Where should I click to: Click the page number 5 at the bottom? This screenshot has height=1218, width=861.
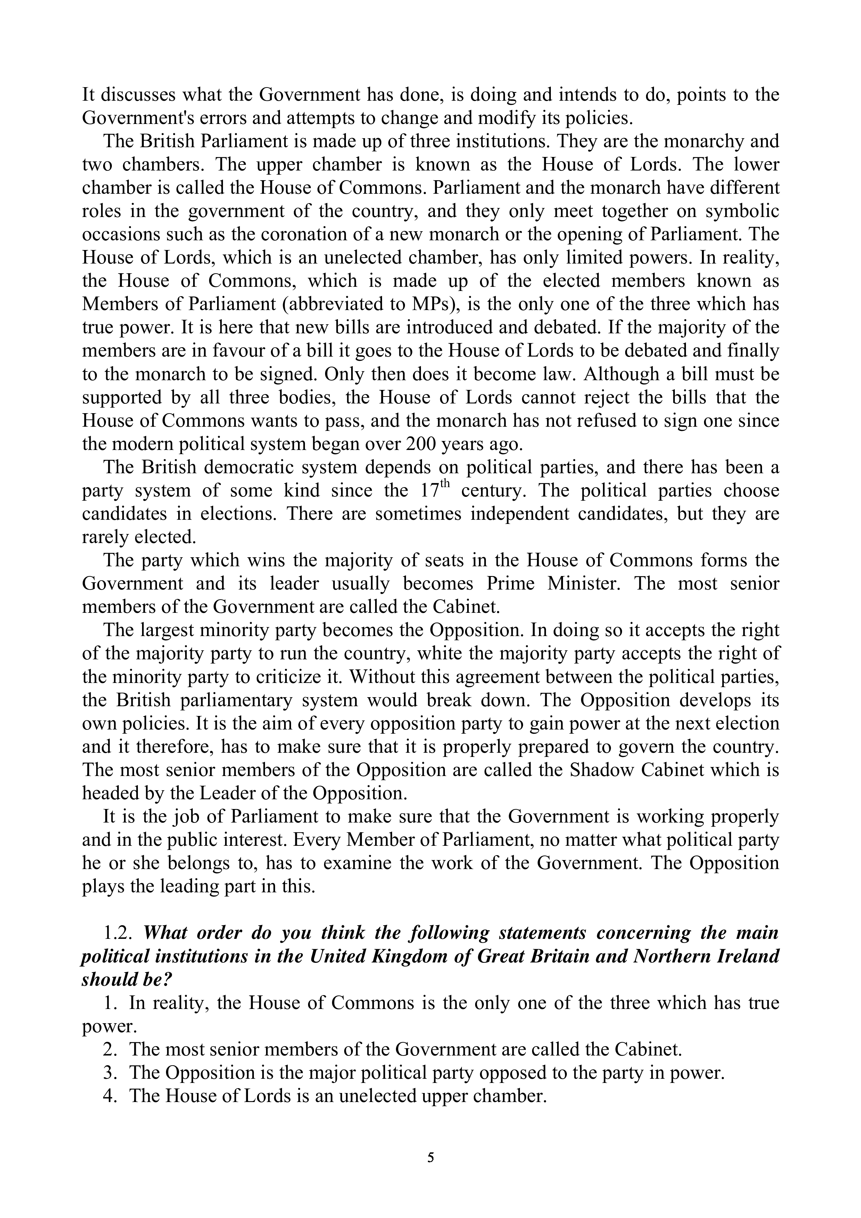[x=430, y=1158]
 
